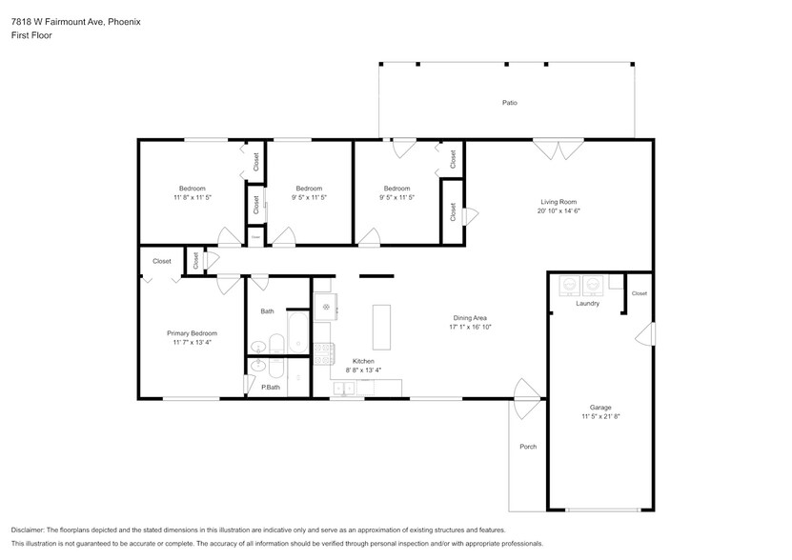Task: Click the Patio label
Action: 510,103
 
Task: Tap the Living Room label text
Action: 558,202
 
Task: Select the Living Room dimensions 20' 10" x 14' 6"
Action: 558,211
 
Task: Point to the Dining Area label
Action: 469,318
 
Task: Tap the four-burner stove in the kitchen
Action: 322,350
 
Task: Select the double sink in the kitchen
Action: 345,388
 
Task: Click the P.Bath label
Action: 271,387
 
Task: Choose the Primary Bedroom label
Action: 192,333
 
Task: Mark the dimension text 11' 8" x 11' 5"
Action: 192,197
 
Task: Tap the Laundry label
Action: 587,304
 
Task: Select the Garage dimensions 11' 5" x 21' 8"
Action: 599,416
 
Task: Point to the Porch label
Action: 527,447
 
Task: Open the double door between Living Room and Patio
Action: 558,150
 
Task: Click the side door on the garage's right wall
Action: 648,334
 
